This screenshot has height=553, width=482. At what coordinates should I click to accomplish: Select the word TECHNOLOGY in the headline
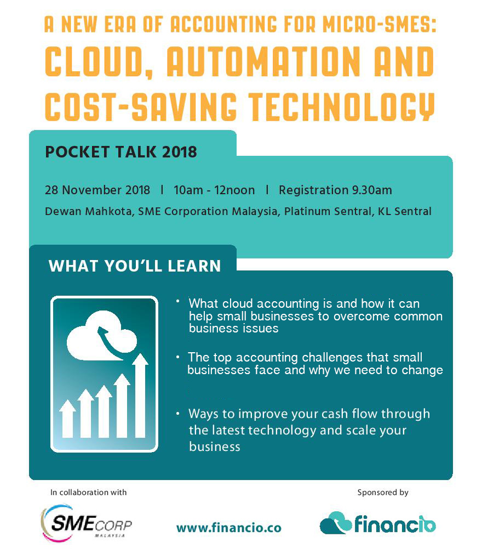tap(342, 106)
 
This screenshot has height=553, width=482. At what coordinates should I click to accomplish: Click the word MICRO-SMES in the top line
tap(380, 24)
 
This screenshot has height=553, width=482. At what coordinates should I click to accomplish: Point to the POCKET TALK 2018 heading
tap(120, 151)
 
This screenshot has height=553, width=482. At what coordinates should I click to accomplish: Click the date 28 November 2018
tap(97, 190)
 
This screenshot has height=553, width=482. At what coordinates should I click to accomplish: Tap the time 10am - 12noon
tap(214, 190)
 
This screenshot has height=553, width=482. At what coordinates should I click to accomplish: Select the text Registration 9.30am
tap(335, 190)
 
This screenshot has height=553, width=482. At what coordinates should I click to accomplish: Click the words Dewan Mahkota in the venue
tap(89, 211)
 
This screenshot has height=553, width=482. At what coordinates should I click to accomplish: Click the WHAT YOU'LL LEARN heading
tap(135, 266)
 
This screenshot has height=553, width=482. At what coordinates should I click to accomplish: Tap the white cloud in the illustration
tap(101, 336)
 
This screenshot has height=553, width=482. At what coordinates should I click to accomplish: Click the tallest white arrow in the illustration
tap(140, 396)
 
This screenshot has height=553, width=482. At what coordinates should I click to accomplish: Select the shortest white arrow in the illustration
tap(67, 419)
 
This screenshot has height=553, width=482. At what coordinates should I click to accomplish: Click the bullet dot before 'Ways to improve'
tap(178, 413)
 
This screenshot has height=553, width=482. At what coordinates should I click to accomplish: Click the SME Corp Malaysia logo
tap(87, 522)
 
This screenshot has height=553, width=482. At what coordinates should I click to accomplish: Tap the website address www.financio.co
tap(229, 528)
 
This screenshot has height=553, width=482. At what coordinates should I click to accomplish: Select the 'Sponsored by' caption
tap(383, 492)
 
